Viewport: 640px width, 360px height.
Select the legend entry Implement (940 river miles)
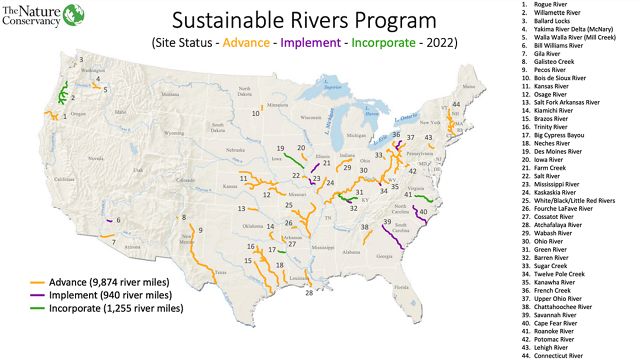pyautogui.click(x=108, y=296)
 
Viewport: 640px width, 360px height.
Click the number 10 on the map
pyautogui.click(x=256, y=113)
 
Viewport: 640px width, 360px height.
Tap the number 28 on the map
pyautogui.click(x=310, y=293)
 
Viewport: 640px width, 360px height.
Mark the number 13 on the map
pyautogui.click(x=242, y=208)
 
